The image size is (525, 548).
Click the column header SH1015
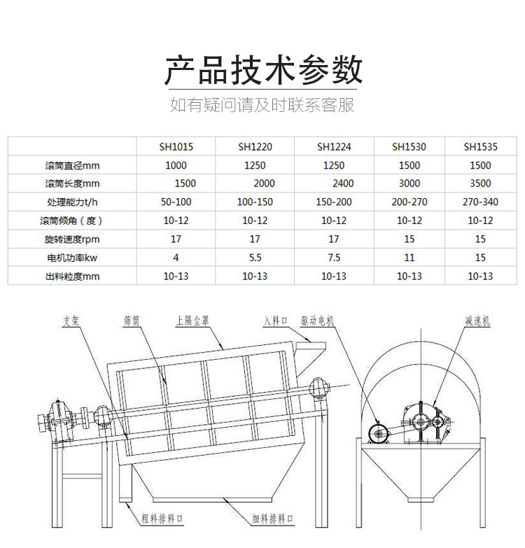(176, 147)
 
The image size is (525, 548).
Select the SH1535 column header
(480, 147)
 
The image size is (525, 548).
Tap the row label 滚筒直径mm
(72, 165)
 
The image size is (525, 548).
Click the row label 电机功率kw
(72, 258)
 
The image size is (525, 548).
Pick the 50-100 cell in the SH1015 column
(176, 202)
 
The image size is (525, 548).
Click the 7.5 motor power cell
(334, 258)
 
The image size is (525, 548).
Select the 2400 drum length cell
(343, 183)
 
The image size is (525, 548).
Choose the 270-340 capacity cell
(480, 202)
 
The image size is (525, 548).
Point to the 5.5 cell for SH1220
(255, 258)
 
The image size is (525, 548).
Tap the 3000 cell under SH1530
(409, 183)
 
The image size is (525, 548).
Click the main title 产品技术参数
(263, 70)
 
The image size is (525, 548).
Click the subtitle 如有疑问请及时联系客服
(262, 105)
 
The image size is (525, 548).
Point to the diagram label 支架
(71, 321)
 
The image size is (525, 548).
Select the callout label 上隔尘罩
(192, 321)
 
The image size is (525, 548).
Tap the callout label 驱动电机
(317, 321)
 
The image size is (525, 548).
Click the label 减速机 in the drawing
(477, 321)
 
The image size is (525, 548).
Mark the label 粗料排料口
(162, 519)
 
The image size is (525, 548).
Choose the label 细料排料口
(273, 519)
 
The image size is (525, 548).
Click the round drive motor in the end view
(379, 434)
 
